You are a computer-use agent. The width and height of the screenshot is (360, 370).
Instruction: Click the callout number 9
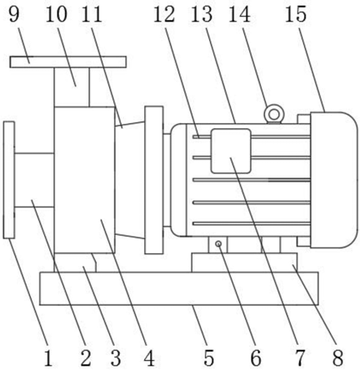pos(14,14)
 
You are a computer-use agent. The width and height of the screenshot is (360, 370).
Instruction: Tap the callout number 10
pos(57,14)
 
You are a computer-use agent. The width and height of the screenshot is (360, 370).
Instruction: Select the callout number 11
pos(91,14)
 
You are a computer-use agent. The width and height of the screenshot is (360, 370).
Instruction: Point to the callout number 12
pos(164,14)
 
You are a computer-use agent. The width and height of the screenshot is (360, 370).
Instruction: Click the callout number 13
pos(202,14)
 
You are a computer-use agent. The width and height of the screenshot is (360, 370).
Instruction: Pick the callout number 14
pos(239,14)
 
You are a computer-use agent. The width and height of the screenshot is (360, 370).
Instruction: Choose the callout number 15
pos(296,14)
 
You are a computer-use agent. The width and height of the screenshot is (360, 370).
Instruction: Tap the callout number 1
pos(48,358)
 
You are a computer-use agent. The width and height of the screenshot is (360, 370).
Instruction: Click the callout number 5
pos(209,358)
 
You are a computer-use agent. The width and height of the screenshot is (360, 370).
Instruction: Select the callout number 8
pos(337,358)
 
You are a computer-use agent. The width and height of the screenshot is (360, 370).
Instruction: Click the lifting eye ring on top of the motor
pos(274,114)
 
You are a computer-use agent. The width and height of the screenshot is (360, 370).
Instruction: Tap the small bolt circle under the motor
pos(219,244)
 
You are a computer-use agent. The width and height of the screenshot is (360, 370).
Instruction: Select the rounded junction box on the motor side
pos(231,151)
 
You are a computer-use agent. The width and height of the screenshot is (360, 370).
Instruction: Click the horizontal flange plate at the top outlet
pos(68,62)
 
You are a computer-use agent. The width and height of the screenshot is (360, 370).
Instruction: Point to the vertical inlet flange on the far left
pos(9,180)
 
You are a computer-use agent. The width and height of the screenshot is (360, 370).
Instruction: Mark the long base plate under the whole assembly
pos(179,288)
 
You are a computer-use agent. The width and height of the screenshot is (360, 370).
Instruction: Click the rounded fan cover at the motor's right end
pos(334,180)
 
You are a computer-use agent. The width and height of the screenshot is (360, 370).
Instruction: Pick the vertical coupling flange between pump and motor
pos(154,180)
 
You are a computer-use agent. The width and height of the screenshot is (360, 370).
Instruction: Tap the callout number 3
pos(116,358)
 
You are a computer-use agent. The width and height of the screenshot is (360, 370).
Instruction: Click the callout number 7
pos(300,358)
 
